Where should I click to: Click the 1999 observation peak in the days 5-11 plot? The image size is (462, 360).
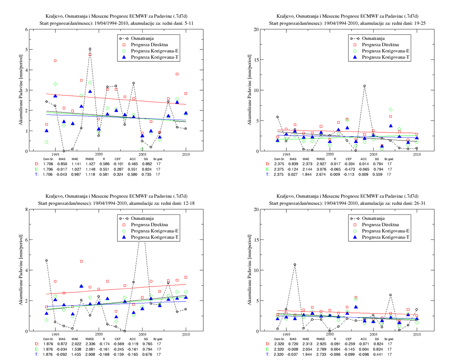(x=90, y=49)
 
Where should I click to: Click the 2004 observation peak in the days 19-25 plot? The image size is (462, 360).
(x=364, y=86)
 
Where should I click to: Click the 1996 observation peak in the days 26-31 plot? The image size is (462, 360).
(x=295, y=264)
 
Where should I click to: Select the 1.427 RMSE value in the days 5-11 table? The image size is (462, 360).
(x=90, y=164)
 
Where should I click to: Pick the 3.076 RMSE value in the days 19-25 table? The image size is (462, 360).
(x=321, y=169)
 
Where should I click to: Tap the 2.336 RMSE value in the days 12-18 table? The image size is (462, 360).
(x=90, y=344)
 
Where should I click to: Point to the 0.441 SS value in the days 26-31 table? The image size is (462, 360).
(x=377, y=354)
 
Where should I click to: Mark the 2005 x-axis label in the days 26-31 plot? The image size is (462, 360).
(x=373, y=334)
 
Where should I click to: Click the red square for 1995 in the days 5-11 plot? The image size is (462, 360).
(x=55, y=61)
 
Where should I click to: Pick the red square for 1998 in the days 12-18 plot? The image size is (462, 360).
(x=81, y=261)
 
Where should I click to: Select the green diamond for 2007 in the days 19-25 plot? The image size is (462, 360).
(x=391, y=109)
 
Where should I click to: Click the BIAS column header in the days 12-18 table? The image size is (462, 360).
(x=62, y=339)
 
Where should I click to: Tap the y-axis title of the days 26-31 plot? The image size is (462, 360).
(x=249, y=270)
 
